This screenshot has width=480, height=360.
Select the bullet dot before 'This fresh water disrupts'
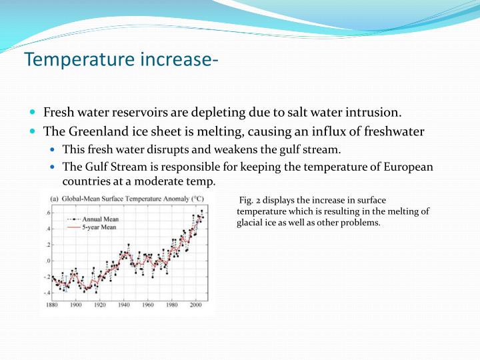click(53, 149)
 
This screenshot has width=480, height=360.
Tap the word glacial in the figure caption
click(251, 223)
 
